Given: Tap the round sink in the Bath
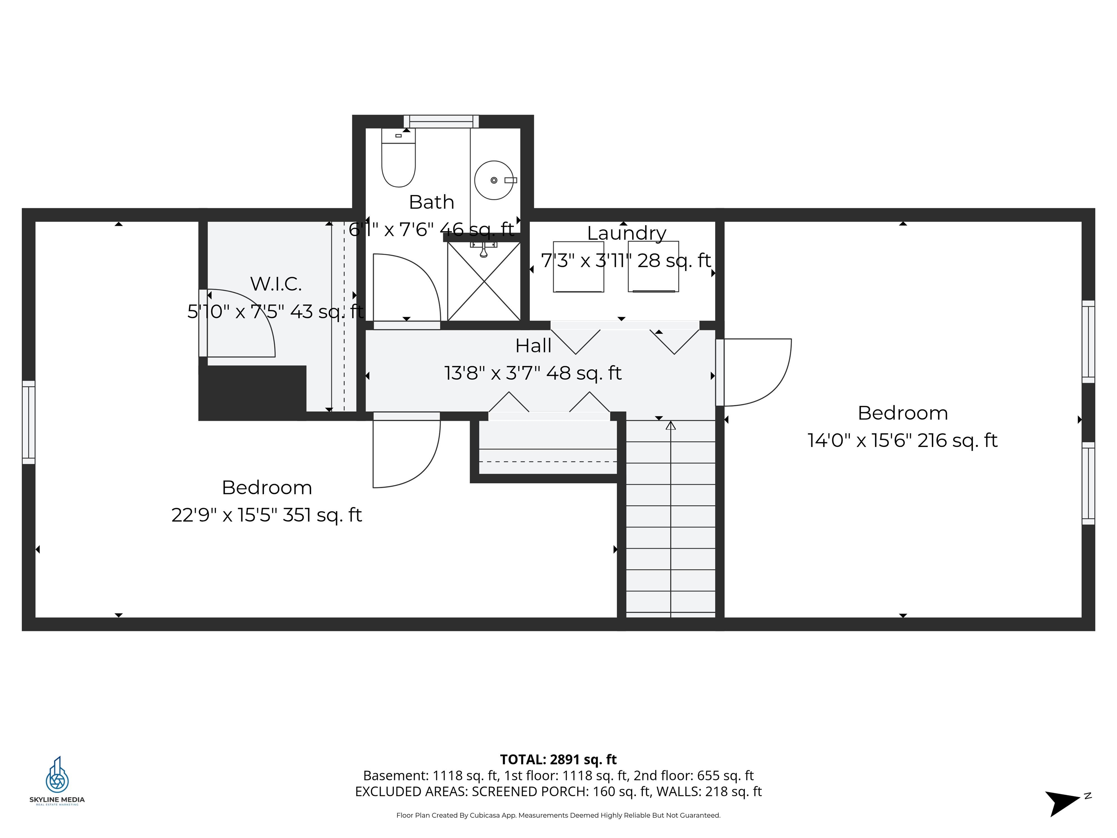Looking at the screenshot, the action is tap(494, 180).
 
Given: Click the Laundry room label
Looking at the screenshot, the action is tap(626, 233).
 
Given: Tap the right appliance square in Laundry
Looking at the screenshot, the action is tap(653, 267).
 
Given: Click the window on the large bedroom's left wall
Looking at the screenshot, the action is tap(29, 422).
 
